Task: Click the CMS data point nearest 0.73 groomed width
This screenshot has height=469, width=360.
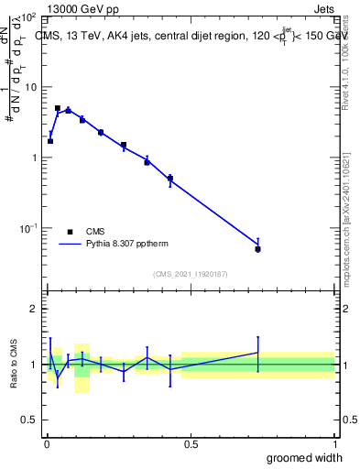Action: coord(258,249)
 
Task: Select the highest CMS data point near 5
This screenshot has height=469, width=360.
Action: coord(58,108)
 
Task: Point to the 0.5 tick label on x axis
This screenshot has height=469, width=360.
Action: coord(191,443)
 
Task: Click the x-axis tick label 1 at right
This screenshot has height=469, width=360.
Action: coord(334,443)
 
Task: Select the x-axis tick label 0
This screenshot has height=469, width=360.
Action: coord(47,443)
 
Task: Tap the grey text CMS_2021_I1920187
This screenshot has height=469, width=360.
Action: coord(191,273)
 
